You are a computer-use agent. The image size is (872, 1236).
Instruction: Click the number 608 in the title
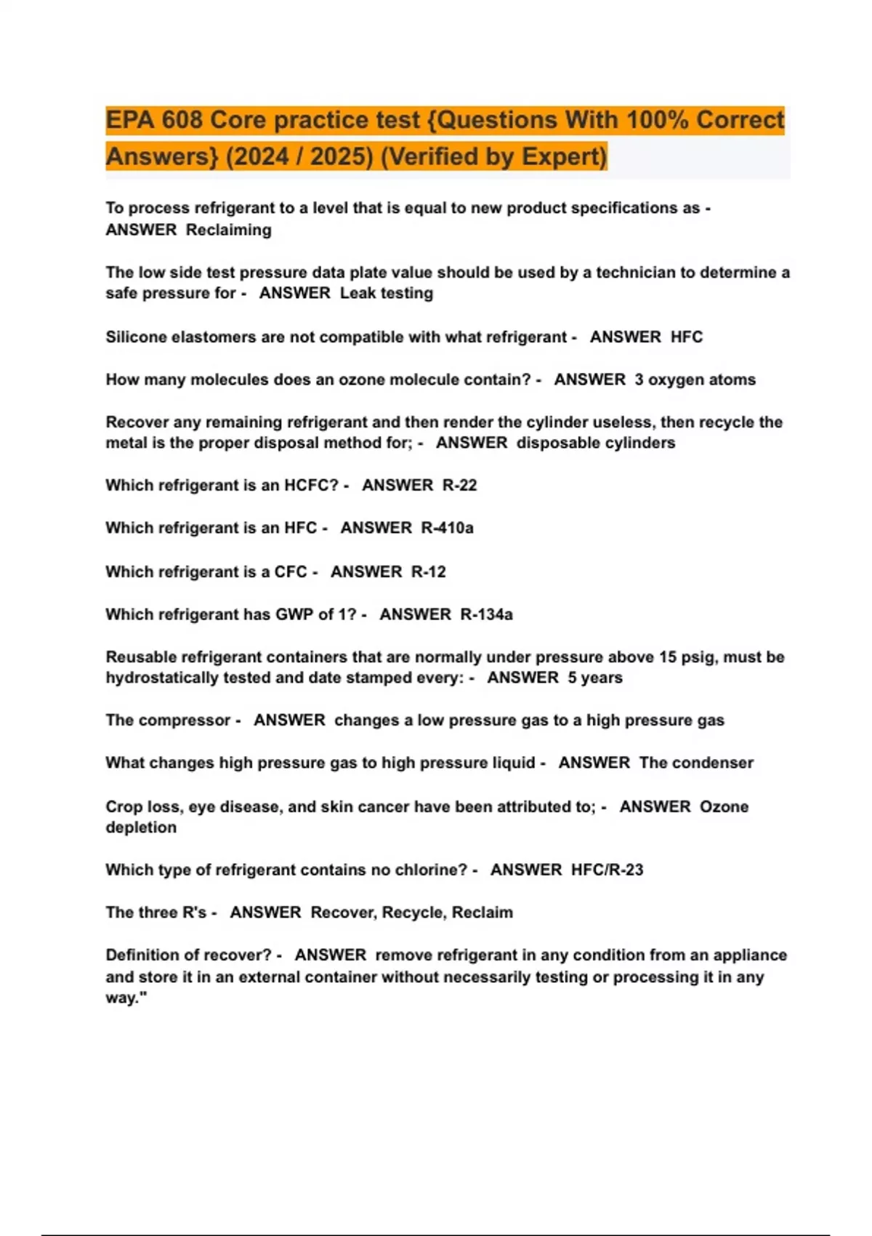pos(181,120)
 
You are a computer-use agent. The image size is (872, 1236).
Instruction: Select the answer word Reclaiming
pos(229,230)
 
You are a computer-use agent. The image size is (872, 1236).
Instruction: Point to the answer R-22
pos(460,485)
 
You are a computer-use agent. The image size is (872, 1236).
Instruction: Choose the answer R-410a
pos(448,528)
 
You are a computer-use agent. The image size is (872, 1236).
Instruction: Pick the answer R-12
pos(429,571)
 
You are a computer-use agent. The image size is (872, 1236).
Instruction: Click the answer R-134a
pos(487,614)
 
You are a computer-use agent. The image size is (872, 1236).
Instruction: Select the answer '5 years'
pos(595,678)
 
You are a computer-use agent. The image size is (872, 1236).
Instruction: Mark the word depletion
pos(141,827)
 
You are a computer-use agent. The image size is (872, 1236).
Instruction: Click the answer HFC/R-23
pos(607,870)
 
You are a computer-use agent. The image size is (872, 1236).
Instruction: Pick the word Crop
pos(124,806)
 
